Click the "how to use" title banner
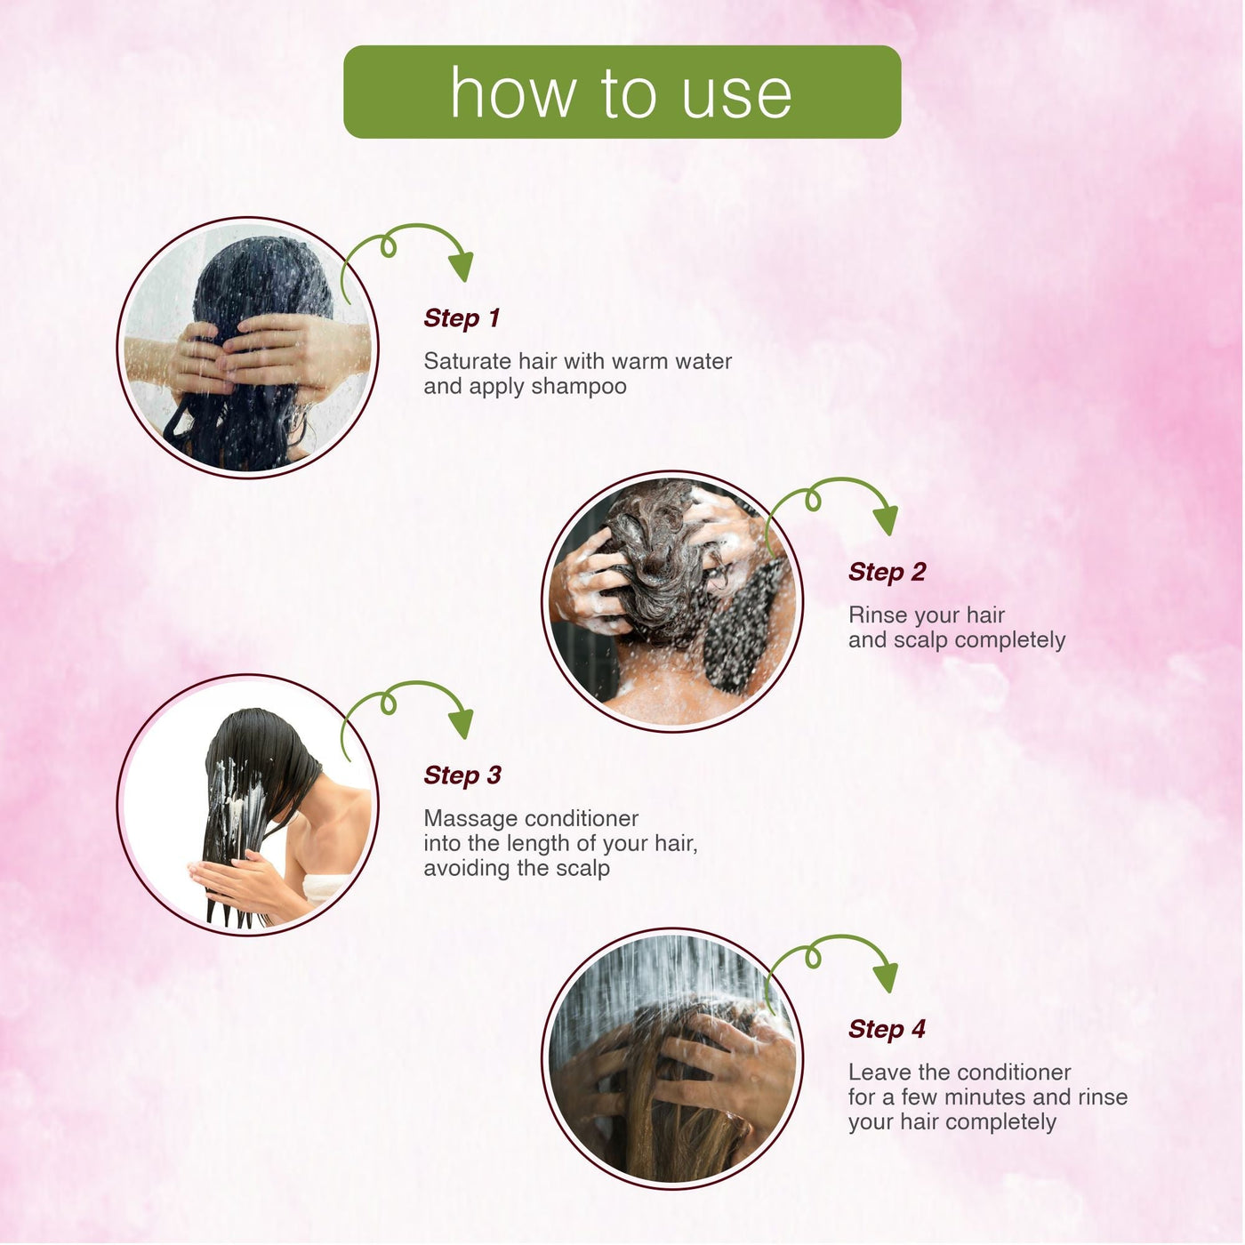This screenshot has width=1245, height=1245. (622, 92)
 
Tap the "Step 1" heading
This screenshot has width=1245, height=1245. (462, 317)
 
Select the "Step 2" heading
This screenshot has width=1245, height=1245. (887, 572)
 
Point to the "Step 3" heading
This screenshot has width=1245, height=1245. (462, 775)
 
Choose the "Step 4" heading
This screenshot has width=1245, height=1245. (887, 1029)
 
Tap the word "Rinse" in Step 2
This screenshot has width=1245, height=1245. (878, 615)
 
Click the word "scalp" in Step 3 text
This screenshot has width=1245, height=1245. (582, 868)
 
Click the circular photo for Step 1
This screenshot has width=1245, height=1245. (248, 348)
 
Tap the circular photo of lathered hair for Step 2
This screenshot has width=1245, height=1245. (672, 601)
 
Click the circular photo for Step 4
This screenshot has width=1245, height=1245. (672, 1058)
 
